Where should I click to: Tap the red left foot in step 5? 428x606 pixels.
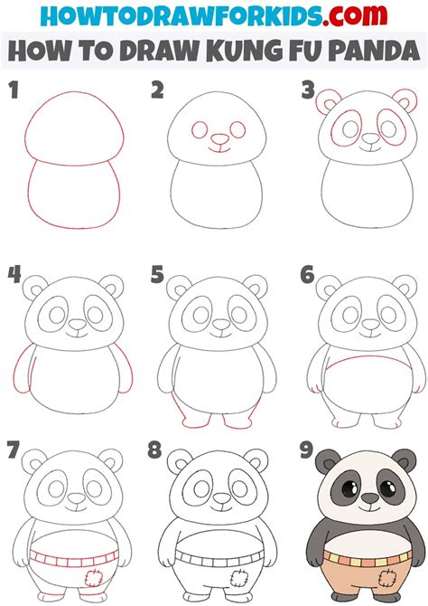pos(191,419)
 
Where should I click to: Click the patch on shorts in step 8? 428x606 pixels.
pos(232,576)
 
